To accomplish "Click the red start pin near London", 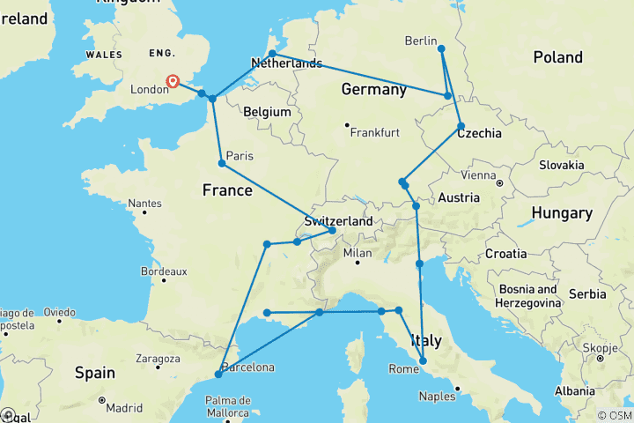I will (173, 82).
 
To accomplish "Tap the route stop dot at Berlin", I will (441, 48).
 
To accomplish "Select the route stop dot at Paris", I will (222, 163).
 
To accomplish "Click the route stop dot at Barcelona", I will (218, 375).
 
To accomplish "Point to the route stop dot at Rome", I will (424, 360).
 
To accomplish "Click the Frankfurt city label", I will (374, 133).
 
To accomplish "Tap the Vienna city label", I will (477, 175).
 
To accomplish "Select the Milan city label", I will (358, 253).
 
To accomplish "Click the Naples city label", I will (437, 397).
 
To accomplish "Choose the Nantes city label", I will (144, 204).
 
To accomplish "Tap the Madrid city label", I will (124, 408).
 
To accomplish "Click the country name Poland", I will (557, 57).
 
